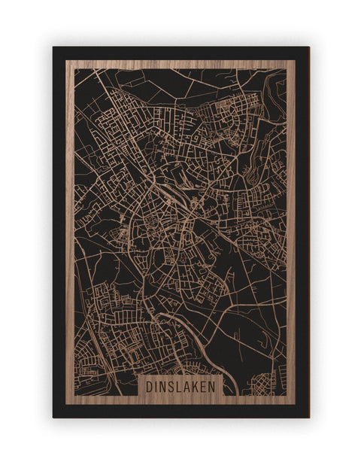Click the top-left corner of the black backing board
click(53, 47)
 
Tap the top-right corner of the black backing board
click(308, 47)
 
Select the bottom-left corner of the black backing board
click(53, 417)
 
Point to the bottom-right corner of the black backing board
click(308, 417)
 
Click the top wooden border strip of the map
click(180, 64)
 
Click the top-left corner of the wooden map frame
click(66, 61)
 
